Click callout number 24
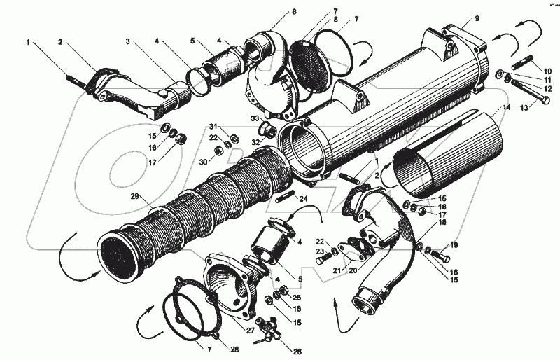pyautogui.click(x=302, y=200)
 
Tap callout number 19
pyautogui.click(x=454, y=245)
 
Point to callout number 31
pyautogui.click(x=212, y=126)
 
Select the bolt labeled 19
pyautogui.click(x=435, y=251)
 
